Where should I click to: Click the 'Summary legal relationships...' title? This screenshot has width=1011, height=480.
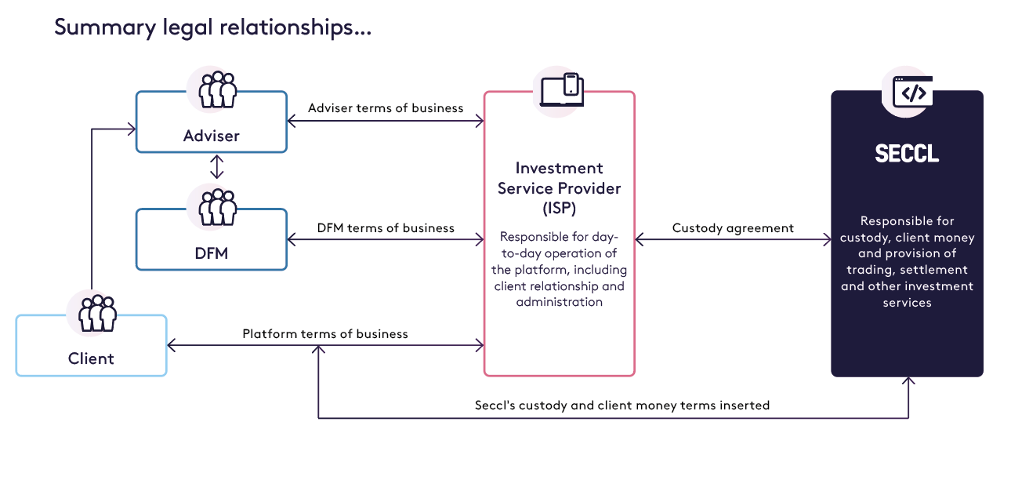(212, 28)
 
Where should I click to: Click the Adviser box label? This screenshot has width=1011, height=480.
(212, 136)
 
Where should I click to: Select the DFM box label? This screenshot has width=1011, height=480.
(212, 253)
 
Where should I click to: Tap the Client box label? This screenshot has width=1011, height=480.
(91, 358)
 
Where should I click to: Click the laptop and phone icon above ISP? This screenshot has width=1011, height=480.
(562, 89)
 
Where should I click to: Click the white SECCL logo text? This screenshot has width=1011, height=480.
(907, 154)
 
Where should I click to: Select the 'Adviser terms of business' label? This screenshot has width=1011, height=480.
(386, 107)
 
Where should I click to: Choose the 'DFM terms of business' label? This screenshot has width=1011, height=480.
(386, 227)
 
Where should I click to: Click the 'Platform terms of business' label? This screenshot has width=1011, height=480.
(325, 333)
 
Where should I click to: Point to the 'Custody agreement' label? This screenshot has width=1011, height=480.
(733, 228)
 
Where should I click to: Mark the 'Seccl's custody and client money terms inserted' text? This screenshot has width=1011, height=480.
(622, 405)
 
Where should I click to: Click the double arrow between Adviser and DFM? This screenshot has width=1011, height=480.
(217, 166)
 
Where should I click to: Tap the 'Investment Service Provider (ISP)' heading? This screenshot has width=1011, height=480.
(560, 188)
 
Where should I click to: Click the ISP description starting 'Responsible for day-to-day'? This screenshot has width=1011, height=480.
(560, 269)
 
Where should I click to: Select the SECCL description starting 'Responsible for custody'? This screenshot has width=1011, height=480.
(907, 261)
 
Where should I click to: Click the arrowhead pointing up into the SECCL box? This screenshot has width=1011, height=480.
(908, 381)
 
